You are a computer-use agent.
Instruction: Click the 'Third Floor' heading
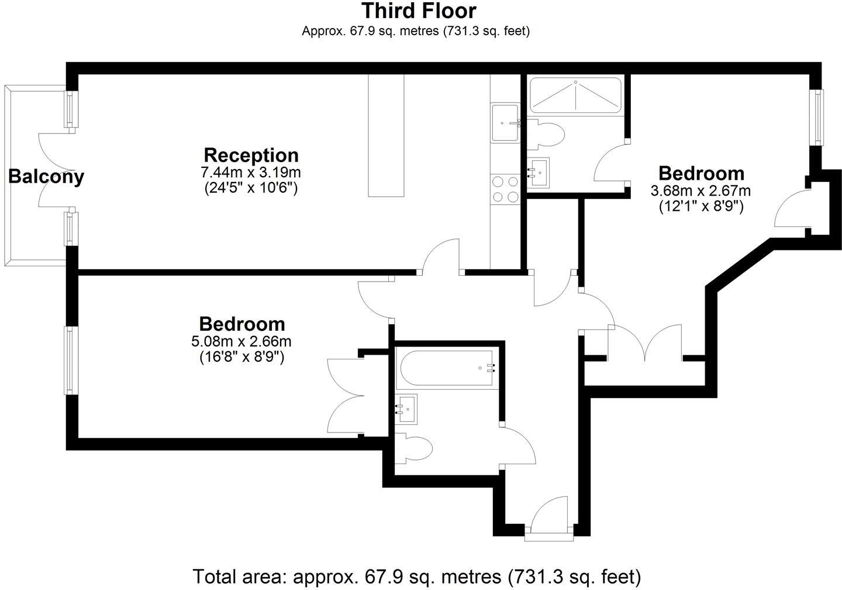(419, 11)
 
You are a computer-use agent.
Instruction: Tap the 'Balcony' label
(46, 176)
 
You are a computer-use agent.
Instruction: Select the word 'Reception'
(251, 155)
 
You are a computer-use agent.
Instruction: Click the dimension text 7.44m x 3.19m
(251, 173)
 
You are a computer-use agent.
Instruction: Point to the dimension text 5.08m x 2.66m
(242, 341)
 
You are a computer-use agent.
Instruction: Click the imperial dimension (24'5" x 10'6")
(251, 188)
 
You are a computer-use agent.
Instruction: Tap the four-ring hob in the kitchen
(506, 189)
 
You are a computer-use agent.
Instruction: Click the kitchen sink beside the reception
(506, 123)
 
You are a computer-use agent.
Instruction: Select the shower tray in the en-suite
(575, 95)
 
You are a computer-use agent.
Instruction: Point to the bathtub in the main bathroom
(447, 368)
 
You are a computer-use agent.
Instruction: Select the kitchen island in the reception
(386, 136)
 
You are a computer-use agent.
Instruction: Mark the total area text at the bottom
(417, 576)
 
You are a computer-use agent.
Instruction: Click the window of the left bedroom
(71, 360)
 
